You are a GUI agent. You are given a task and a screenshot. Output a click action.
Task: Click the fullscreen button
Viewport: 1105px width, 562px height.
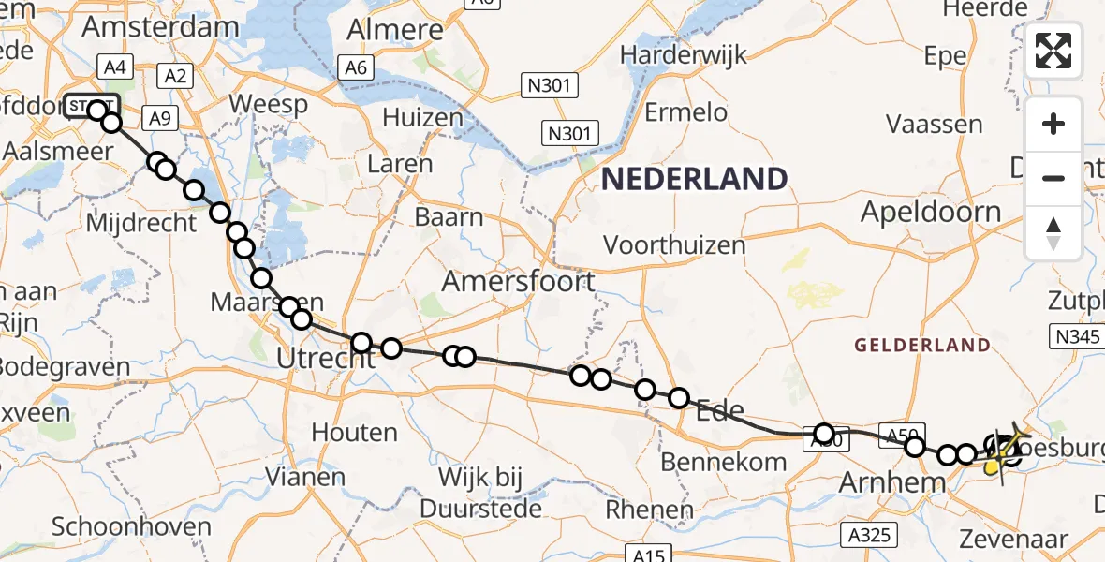pyautogui.click(x=1053, y=50)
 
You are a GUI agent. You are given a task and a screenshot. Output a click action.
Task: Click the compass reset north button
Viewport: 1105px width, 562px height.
pyautogui.click(x=1053, y=233)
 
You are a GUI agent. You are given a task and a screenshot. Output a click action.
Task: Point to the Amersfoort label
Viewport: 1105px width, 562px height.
pyautogui.click(x=518, y=280)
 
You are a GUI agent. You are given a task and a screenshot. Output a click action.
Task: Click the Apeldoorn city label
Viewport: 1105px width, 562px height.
pyautogui.click(x=931, y=212)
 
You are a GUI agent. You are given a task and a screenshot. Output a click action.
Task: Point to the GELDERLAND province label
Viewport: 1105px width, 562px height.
pyautogui.click(x=921, y=345)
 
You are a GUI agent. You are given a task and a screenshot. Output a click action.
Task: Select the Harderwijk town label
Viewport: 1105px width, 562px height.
pyautogui.click(x=685, y=54)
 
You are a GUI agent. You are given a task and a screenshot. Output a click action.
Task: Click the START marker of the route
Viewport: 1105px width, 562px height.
pyautogui.click(x=92, y=107)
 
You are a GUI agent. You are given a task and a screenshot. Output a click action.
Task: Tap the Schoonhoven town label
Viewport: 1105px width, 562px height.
pyautogui.click(x=132, y=526)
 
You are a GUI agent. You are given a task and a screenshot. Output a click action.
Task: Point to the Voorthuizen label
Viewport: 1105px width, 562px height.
pyautogui.click(x=674, y=245)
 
